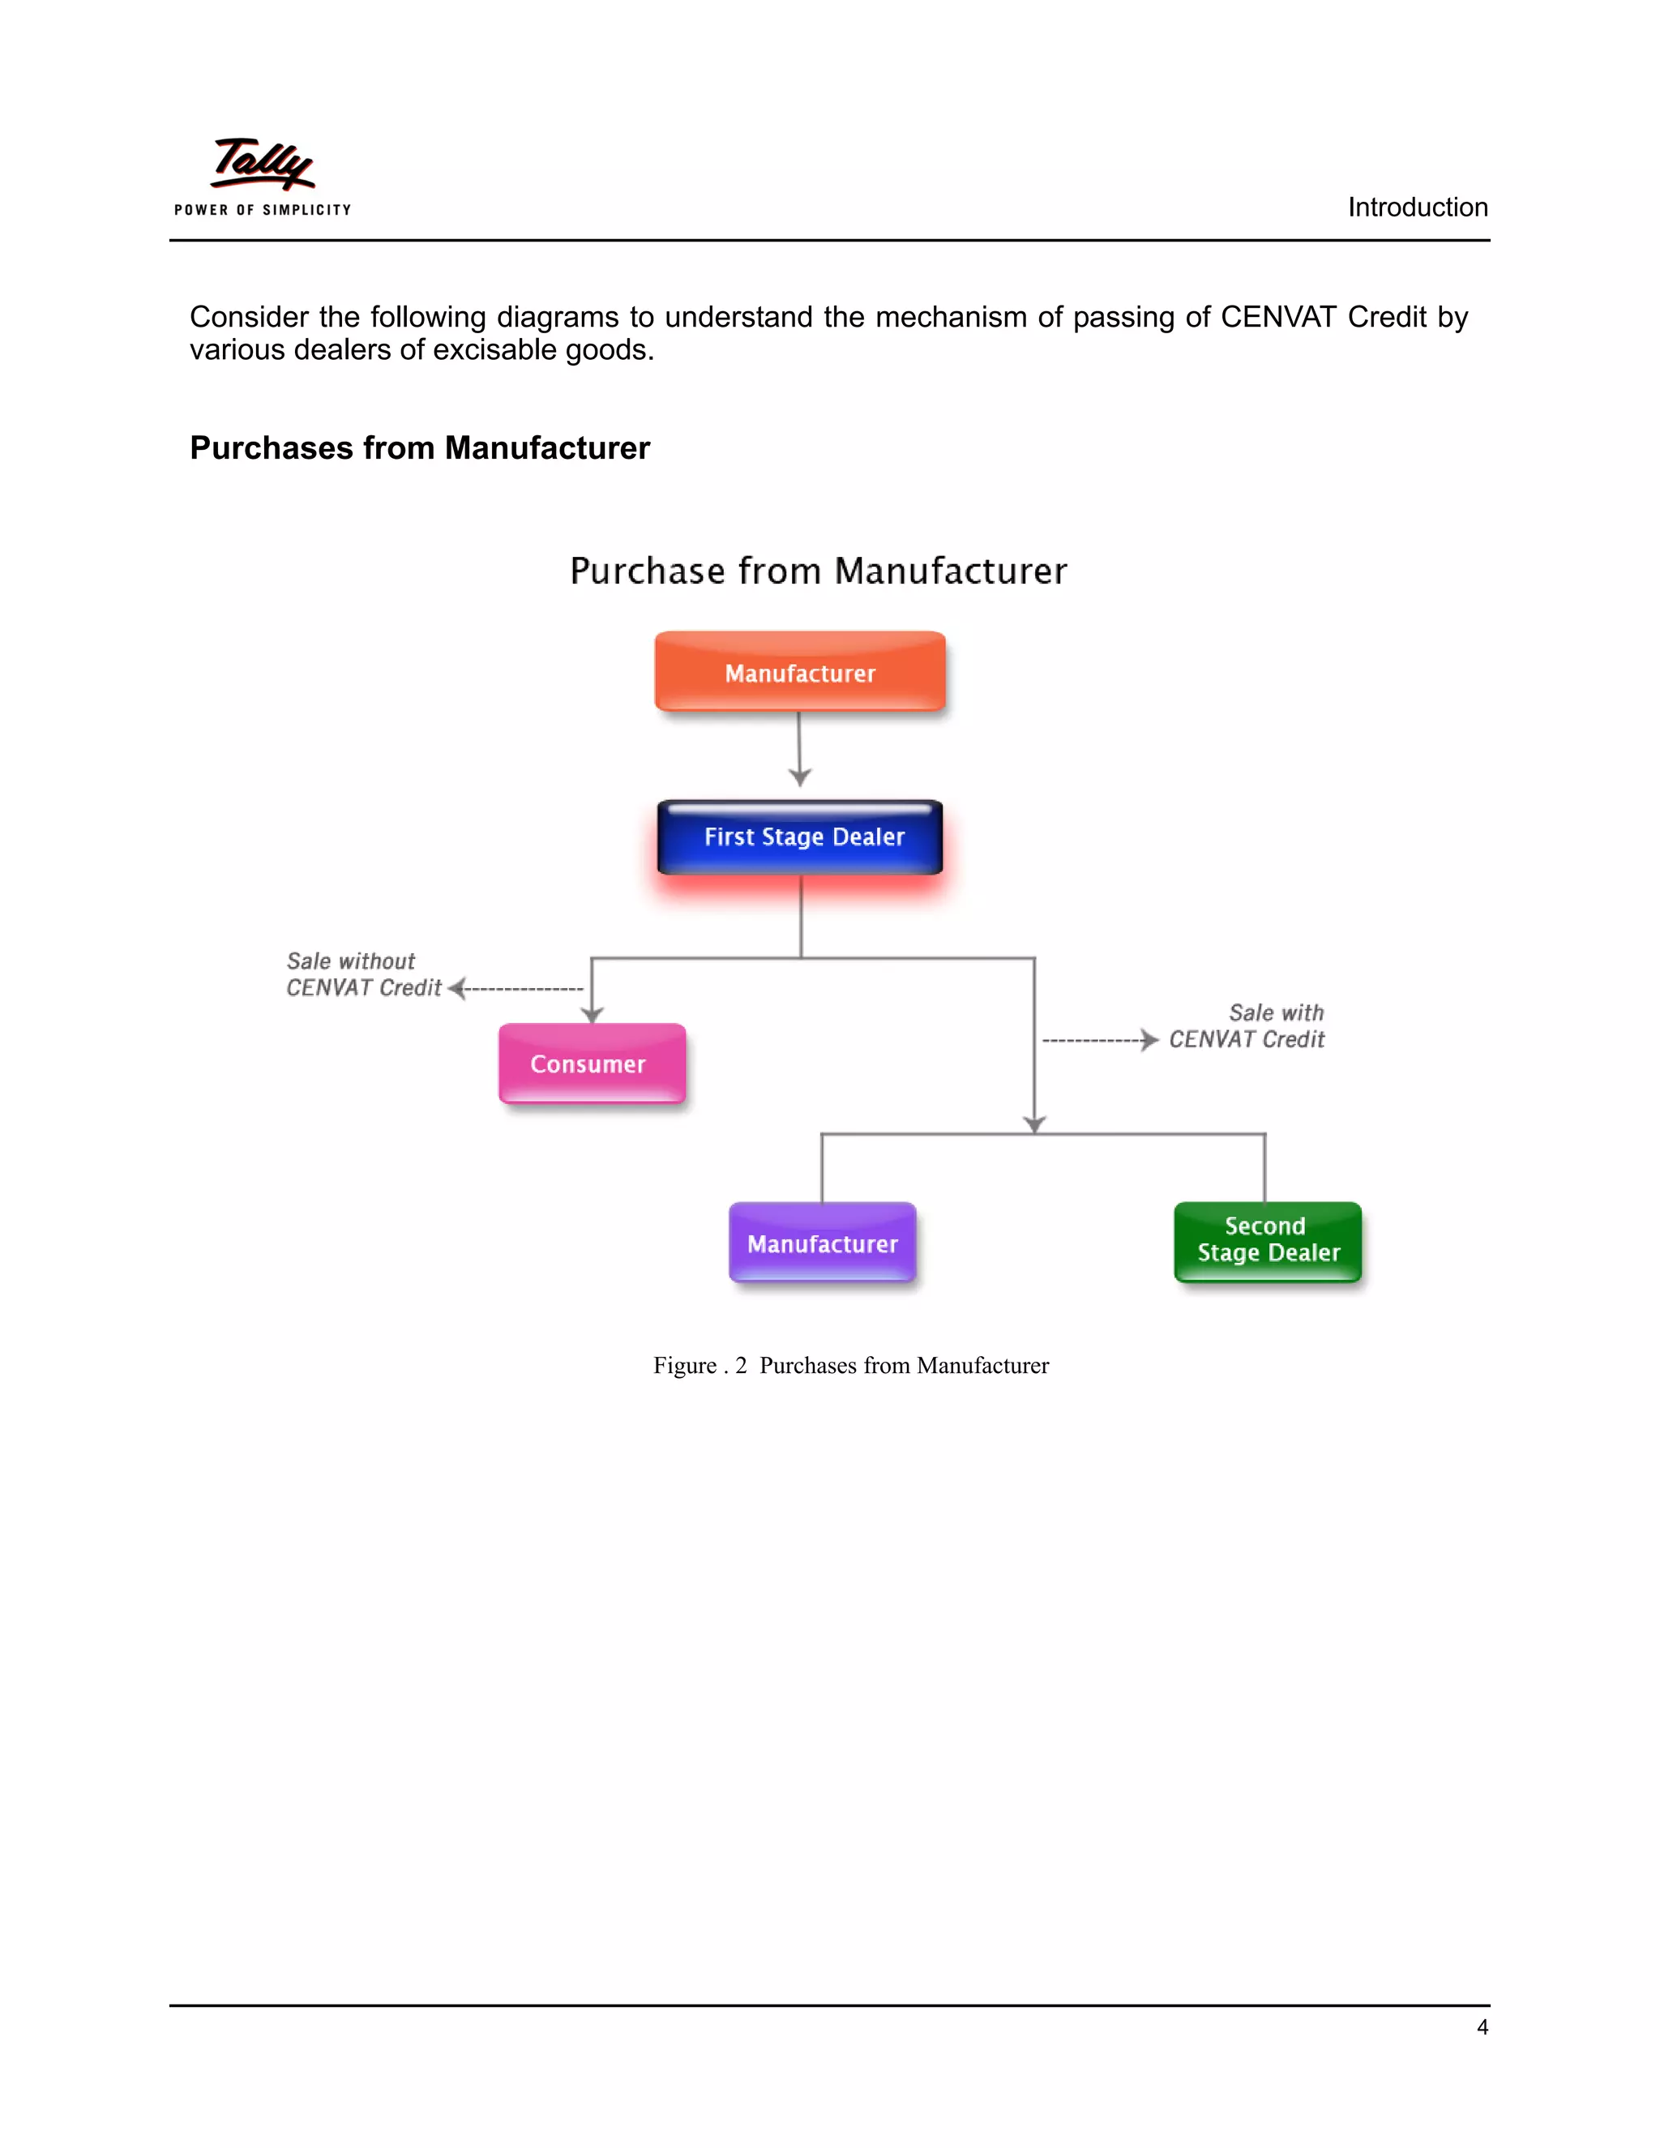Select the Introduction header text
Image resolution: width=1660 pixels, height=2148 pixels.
[x=1417, y=208]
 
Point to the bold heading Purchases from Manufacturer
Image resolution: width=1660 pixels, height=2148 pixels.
[x=420, y=447]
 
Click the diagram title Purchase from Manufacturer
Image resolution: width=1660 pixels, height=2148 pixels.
[x=818, y=571]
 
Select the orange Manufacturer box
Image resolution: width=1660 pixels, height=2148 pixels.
[x=799, y=672]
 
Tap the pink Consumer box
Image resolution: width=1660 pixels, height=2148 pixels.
[x=591, y=1063]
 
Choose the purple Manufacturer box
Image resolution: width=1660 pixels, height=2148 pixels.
[x=822, y=1243]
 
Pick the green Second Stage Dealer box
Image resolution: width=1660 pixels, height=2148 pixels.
[x=1268, y=1241]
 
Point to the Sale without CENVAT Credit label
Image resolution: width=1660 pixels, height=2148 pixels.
[x=362, y=974]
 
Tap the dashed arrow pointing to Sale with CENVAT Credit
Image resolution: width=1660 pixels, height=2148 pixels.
[x=1099, y=1040]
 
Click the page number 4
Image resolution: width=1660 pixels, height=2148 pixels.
[x=1482, y=2027]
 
